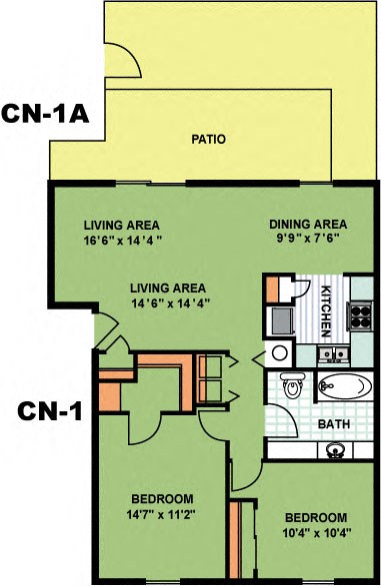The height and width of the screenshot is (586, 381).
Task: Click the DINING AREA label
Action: coord(308,223)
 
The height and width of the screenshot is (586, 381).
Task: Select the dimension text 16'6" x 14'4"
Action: coord(123,239)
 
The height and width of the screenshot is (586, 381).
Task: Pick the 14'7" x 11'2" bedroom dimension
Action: coord(162,514)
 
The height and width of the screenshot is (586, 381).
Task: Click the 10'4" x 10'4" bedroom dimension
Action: coord(316,533)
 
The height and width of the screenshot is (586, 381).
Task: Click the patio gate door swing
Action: coord(125,60)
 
